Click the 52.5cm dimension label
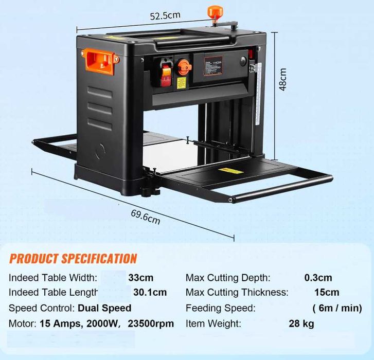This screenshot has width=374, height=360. point(165,16)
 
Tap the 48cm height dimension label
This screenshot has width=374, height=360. point(283,79)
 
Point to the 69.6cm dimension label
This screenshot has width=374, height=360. point(146,217)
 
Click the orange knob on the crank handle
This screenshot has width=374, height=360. point(215,12)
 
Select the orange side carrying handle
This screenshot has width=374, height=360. point(100,61)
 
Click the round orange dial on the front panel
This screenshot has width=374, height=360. point(184,67)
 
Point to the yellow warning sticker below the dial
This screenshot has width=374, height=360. point(182,83)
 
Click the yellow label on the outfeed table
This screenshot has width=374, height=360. point(230,171)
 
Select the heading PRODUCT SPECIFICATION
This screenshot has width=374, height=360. point(73,259)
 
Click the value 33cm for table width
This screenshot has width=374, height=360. point(141,278)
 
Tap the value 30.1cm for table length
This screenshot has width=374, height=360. point(150,292)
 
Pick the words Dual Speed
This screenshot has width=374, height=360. point(104,308)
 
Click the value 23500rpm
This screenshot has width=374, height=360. point(151,323)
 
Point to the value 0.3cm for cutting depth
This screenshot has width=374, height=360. point(318,278)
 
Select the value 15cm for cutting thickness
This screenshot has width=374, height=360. point(327,292)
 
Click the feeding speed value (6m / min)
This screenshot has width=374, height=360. point(337,308)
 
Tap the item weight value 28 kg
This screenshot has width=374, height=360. point(301,324)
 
